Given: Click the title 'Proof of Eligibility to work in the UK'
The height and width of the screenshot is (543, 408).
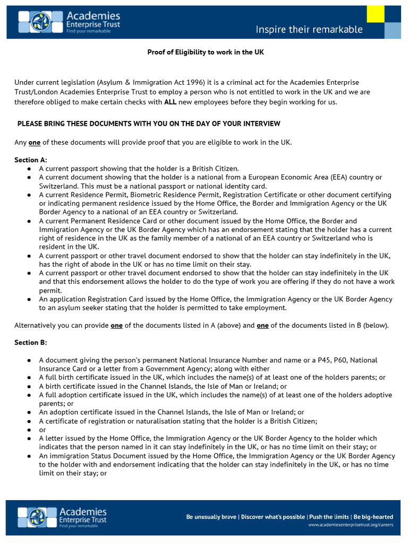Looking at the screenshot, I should (x=205, y=52).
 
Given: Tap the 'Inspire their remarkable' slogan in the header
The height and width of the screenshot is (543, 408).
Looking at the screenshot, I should (x=309, y=29).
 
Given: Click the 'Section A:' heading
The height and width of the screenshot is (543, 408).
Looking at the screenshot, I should (x=31, y=160).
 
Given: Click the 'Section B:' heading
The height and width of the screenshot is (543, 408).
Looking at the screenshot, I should (x=31, y=343).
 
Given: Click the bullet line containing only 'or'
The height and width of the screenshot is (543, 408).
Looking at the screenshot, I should (x=42, y=430).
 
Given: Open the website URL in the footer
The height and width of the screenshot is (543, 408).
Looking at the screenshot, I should (x=351, y=524).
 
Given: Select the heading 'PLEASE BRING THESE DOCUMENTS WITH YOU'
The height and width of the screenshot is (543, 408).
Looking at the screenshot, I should (x=149, y=124).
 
